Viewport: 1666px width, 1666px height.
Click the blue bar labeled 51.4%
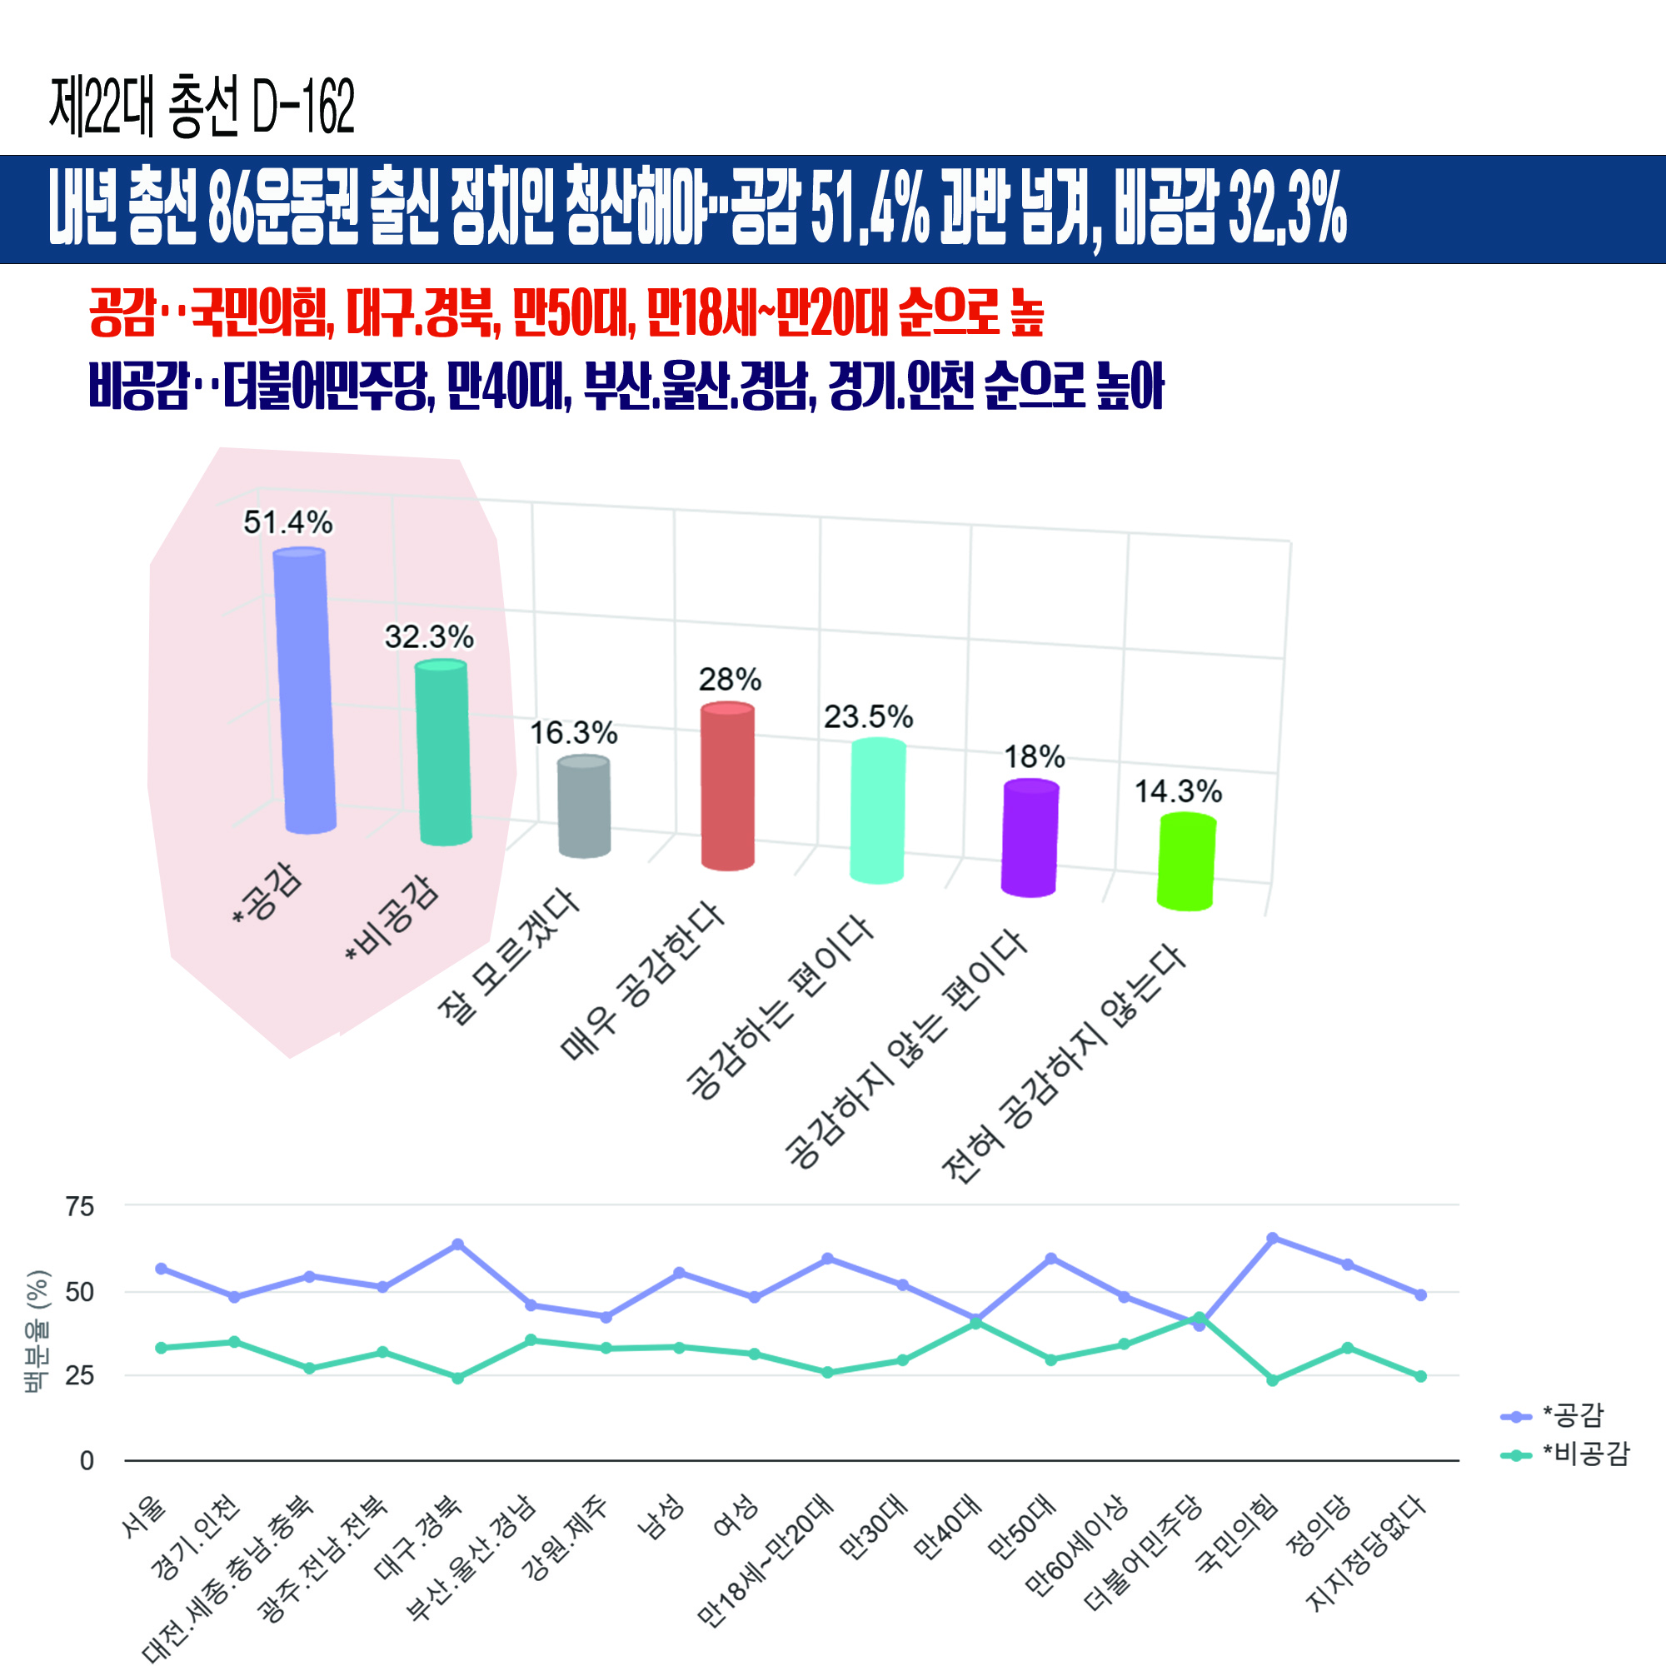pyautogui.click(x=304, y=690)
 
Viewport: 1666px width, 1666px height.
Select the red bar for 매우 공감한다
pyautogui.click(x=727, y=786)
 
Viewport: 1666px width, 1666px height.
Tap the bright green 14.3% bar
pyautogui.click(x=1186, y=862)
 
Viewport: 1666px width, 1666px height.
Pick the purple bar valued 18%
pyautogui.click(x=1030, y=838)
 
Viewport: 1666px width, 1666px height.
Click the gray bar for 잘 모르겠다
pyautogui.click(x=584, y=806)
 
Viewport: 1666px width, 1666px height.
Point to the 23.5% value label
pyautogui.click(x=867, y=716)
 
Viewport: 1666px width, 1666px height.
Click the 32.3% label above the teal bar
pyautogui.click(x=428, y=637)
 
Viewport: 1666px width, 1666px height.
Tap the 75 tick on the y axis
pyautogui.click(x=80, y=1206)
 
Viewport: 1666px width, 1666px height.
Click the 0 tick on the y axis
pyautogui.click(x=87, y=1460)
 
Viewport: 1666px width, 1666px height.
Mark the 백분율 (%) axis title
pyautogui.click(x=36, y=1331)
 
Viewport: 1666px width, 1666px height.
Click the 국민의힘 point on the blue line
pyautogui.click(x=1272, y=1239)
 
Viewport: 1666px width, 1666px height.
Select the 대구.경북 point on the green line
pyautogui.click(x=458, y=1378)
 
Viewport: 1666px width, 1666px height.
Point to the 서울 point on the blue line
pyautogui.click(x=162, y=1269)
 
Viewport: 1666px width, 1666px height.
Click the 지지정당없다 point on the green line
pyautogui.click(x=1420, y=1376)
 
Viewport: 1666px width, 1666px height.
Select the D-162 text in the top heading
pyautogui.click(x=302, y=107)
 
